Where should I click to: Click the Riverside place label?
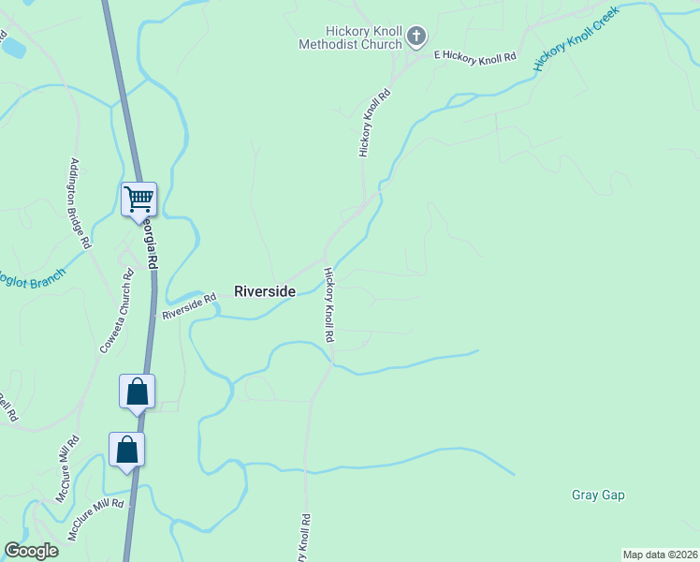pos(265,291)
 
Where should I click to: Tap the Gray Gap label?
pos(598,495)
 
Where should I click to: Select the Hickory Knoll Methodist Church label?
pos(351,37)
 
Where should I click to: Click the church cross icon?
pos(416,37)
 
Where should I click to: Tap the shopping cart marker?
pos(139,200)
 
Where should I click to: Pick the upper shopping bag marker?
pos(137,391)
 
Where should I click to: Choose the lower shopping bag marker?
pos(127,450)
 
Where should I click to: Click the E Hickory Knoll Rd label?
pos(475,58)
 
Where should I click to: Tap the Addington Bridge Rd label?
pos(80,203)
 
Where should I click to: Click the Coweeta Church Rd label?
pos(118,312)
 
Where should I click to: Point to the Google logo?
pos(31,551)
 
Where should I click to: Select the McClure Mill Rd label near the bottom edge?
pos(95,518)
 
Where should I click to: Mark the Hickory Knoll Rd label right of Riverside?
pos(329,304)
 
